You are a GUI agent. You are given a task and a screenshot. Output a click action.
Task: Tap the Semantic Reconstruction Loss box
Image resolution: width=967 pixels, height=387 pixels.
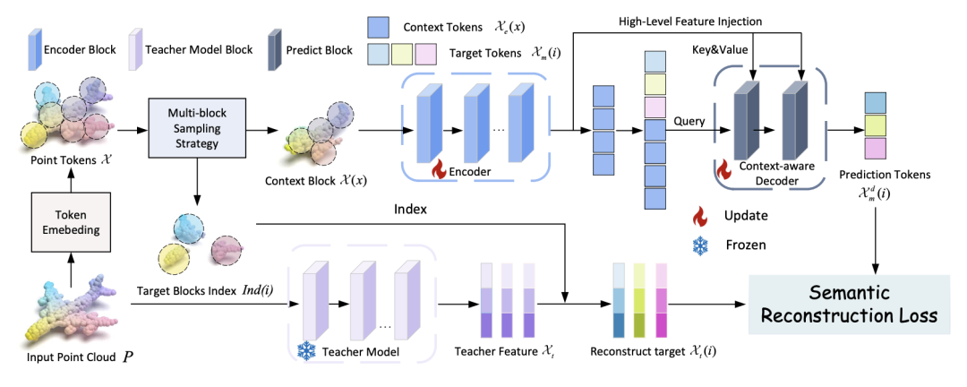click(x=849, y=305)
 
